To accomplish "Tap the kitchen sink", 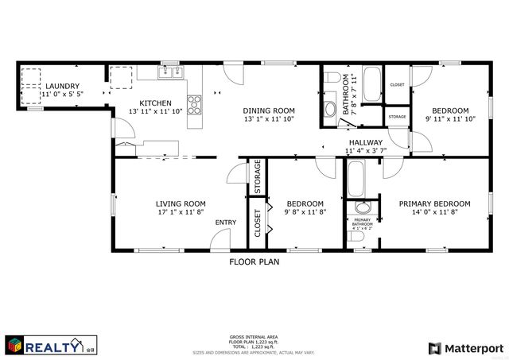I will coord(169,73).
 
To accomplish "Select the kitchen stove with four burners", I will coord(196,103).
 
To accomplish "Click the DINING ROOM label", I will coord(269,110).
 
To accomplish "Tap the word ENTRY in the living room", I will coord(226,222).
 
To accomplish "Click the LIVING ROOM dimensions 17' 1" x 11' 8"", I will coord(181,212).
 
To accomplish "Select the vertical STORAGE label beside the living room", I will coord(258,177).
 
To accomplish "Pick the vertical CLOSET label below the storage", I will coord(258,223).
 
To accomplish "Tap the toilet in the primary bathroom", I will coord(363,237).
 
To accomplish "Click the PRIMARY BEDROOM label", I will coord(434,203).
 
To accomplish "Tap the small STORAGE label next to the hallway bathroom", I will coord(397,117).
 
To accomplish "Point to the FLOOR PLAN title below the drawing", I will coord(254,260).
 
